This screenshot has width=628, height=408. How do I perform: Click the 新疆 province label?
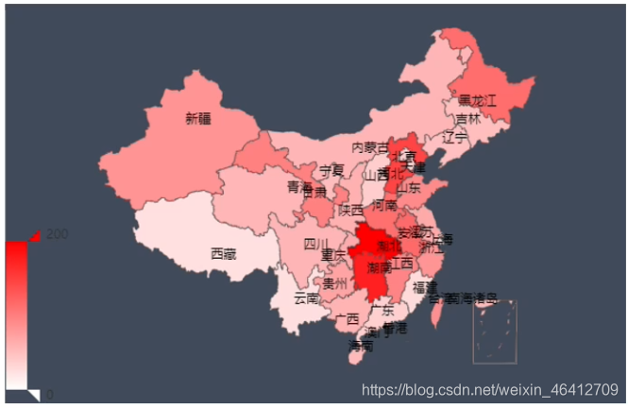click(x=198, y=119)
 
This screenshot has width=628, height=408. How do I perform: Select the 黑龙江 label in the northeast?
click(x=477, y=99)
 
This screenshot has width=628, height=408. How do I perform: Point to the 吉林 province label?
click(x=467, y=120)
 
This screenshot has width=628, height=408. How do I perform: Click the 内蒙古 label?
click(x=369, y=148)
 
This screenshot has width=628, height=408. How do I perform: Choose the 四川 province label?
click(x=315, y=244)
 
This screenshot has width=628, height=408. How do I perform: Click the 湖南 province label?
click(x=379, y=269)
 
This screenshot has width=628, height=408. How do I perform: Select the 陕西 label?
click(x=351, y=209)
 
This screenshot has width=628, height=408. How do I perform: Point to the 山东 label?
click(x=409, y=187)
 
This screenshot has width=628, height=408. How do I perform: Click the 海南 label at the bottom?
click(x=360, y=346)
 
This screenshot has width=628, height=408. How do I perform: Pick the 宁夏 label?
click(x=331, y=170)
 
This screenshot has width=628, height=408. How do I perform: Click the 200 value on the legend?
click(x=56, y=234)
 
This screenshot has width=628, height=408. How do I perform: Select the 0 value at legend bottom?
click(x=49, y=394)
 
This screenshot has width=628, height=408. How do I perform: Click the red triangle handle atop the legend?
click(x=34, y=235)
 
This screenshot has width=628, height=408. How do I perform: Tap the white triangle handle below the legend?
click(x=33, y=394)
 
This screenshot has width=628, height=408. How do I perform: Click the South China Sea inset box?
click(x=495, y=331)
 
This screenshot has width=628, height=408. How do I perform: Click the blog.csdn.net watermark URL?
click(x=490, y=389)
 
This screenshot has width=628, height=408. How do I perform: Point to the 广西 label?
click(x=347, y=318)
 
